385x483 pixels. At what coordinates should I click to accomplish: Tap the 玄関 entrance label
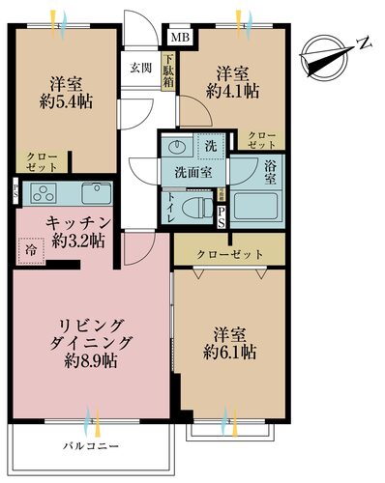coord(141,69)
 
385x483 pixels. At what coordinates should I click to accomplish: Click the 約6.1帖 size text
coord(231,354)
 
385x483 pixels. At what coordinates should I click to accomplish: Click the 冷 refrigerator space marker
coord(31,249)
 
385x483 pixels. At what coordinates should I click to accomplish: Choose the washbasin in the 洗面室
coord(178,149)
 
